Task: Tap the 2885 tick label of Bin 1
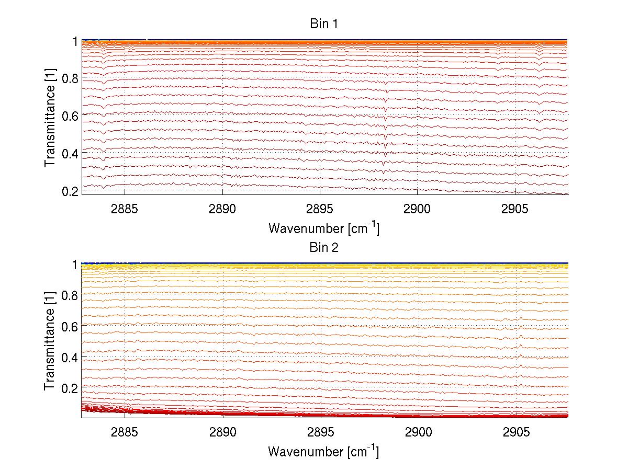click(x=125, y=209)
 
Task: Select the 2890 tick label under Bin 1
click(x=222, y=209)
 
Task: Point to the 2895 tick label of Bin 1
click(x=320, y=209)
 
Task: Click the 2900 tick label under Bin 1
click(x=418, y=209)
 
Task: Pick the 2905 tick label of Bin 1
click(x=515, y=209)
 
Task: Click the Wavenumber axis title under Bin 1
click(x=323, y=228)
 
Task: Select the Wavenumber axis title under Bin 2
click(x=323, y=451)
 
